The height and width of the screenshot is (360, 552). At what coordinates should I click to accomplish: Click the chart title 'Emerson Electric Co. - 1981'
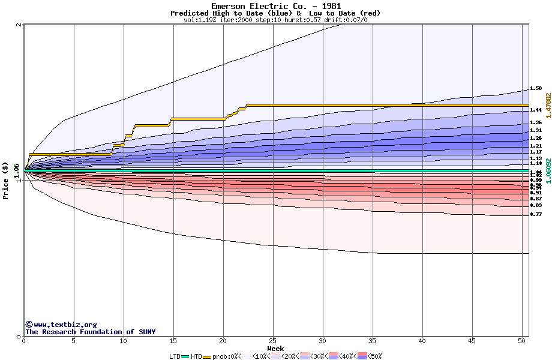tap(275, 6)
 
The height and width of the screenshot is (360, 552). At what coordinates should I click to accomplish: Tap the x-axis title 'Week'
tap(275, 348)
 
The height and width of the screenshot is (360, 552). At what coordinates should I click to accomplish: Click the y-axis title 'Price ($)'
tap(6, 181)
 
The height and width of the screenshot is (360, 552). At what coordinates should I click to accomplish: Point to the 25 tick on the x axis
tap(273, 341)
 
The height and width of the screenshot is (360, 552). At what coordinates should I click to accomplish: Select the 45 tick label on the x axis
tap(472, 341)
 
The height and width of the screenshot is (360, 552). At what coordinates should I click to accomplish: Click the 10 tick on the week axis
tap(124, 341)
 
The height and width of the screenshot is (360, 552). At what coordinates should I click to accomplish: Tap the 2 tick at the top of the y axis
tap(19, 25)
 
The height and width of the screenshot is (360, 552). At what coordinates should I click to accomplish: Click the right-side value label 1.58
tap(536, 89)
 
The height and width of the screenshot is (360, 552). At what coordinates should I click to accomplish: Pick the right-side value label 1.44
tap(536, 110)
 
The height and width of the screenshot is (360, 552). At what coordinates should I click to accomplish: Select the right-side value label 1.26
tap(536, 138)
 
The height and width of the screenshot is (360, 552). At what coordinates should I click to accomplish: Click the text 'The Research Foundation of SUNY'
tap(90, 332)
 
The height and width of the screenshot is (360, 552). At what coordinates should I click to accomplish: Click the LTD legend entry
tap(175, 356)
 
